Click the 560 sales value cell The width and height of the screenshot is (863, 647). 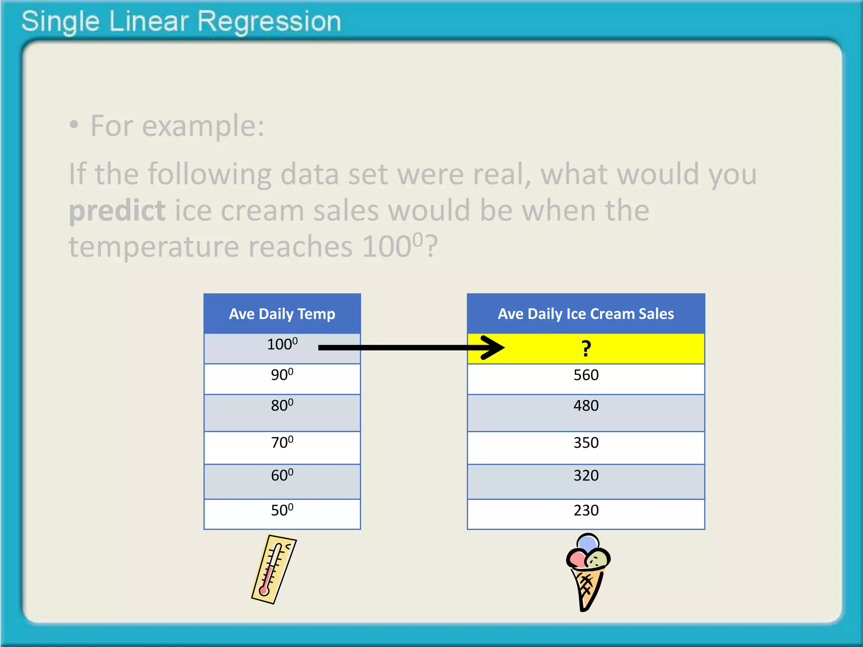click(x=586, y=375)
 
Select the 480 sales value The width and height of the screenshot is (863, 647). click(x=586, y=406)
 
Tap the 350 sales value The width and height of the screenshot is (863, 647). click(x=586, y=443)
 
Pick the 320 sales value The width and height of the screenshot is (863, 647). click(x=586, y=476)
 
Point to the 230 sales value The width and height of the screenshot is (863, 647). click(x=586, y=511)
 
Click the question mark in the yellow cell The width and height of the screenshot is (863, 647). click(x=586, y=349)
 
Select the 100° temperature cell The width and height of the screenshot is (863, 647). click(x=282, y=345)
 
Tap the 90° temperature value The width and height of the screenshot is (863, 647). click(x=282, y=375)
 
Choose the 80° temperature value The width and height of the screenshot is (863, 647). click(x=282, y=406)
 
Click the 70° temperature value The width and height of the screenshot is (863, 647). click(x=282, y=443)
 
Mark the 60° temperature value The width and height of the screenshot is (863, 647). click(x=282, y=476)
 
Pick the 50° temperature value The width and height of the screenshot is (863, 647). click(x=282, y=511)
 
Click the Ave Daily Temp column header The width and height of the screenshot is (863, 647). click(x=282, y=314)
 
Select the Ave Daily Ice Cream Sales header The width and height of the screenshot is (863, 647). click(x=586, y=314)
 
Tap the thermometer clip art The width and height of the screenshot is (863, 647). click(x=274, y=569)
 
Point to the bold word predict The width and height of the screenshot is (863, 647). click(x=117, y=210)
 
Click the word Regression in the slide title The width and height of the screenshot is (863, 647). click(x=269, y=21)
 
